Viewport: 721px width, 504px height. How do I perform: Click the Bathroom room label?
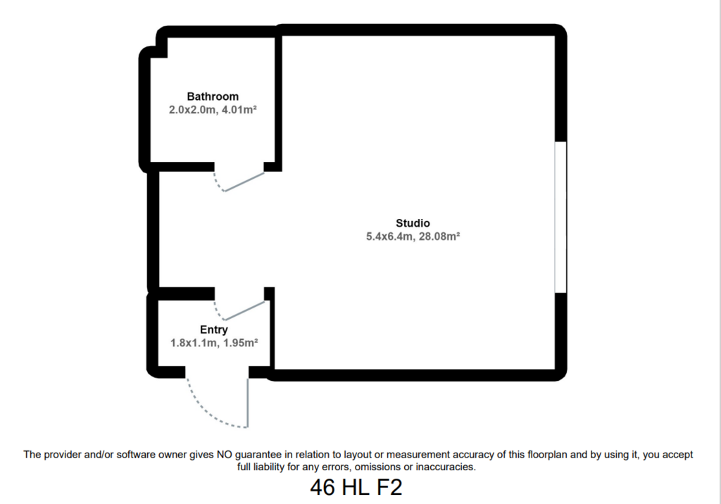[x=213, y=96]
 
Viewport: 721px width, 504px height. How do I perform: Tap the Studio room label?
[x=413, y=223]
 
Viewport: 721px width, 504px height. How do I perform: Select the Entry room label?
[x=214, y=329]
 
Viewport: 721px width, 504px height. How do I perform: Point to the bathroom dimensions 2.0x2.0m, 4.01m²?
[x=213, y=110]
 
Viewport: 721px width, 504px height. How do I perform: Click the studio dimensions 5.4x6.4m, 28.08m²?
[x=413, y=237]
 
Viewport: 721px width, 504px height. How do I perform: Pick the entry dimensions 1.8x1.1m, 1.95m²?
[x=214, y=343]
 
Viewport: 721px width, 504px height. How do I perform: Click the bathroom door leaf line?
[x=244, y=182]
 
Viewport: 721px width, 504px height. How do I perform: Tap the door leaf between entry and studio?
[x=244, y=310]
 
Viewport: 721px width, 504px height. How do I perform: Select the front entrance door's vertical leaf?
[x=248, y=403]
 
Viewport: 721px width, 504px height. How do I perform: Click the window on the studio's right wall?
[x=560, y=217]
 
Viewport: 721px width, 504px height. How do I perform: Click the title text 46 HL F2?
[x=356, y=487]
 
